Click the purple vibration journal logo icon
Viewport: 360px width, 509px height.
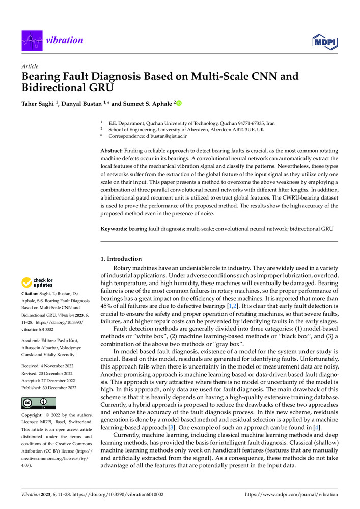pos(31,41)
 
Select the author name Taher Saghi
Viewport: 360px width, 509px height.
pos(37,104)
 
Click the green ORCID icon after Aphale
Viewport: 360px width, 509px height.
pos(179,104)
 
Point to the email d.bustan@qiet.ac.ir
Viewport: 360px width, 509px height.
pos(160,137)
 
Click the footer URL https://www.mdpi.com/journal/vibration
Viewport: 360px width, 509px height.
pos(291,494)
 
